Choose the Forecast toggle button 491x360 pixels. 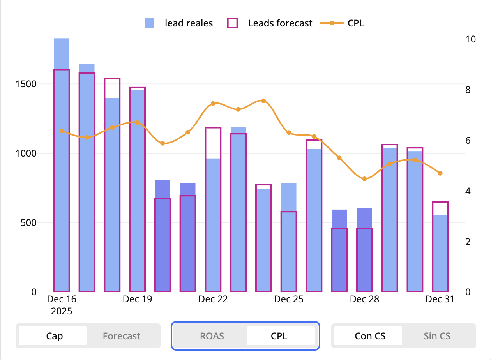pyautogui.click(x=122, y=336)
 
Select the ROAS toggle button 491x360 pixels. pyautogui.click(x=212, y=336)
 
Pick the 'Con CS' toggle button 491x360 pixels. pyautogui.click(x=370, y=336)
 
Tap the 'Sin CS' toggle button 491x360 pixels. pyautogui.click(x=437, y=336)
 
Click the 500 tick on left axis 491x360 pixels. pyautogui.click(x=30, y=223)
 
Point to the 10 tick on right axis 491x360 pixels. pyautogui.click(x=470, y=39)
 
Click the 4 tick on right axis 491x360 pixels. pyautogui.click(x=468, y=191)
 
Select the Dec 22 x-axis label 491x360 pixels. pyautogui.click(x=213, y=299)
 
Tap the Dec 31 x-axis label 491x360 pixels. pyautogui.click(x=440, y=299)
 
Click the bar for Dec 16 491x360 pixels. pyautogui.click(x=62, y=175)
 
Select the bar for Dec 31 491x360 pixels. pyautogui.click(x=440, y=253)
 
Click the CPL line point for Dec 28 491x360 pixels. pyautogui.click(x=364, y=179)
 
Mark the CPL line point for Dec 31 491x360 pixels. pyautogui.click(x=440, y=173)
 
